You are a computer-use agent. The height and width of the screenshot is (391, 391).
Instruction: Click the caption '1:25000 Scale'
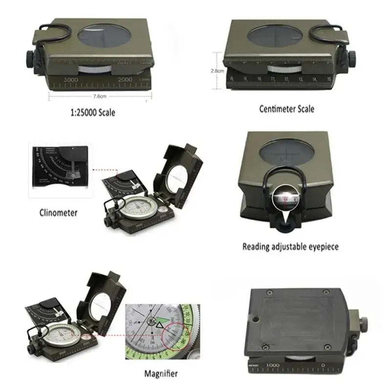coord(92,112)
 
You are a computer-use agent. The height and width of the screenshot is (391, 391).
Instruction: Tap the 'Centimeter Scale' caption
coord(286,109)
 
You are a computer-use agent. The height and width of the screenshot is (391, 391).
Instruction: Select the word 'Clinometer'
coord(58,213)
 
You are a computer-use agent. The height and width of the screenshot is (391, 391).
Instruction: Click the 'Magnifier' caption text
coord(161,374)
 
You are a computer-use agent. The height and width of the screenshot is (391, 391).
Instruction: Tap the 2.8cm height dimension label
coord(217,70)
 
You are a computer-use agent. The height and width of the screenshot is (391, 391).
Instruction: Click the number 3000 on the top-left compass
coord(71,79)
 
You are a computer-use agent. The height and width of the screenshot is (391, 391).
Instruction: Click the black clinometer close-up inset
coord(59,171)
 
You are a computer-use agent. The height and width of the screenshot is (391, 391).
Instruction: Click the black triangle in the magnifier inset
coord(160,324)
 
